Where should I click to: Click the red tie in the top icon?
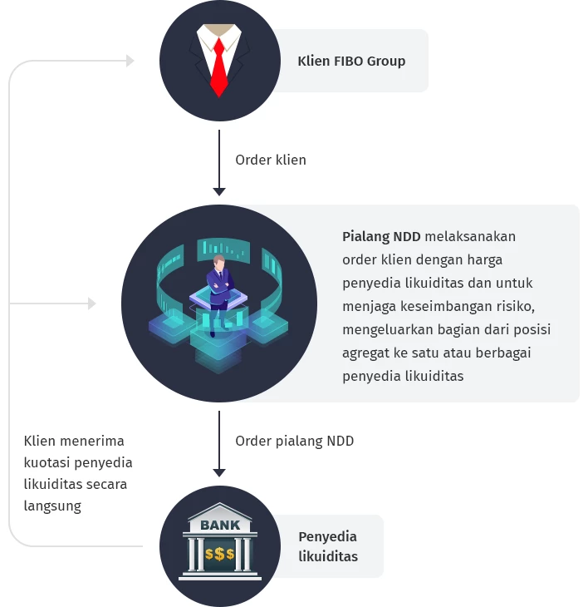click(218, 67)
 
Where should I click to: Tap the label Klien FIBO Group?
click(351, 61)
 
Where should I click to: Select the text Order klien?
click(271, 160)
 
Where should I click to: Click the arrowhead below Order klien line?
click(219, 191)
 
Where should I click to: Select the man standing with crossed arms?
click(219, 287)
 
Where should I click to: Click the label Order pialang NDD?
click(295, 441)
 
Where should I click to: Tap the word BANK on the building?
click(220, 526)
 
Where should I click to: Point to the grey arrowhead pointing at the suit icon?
click(130, 61)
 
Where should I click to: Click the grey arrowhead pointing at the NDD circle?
click(92, 303)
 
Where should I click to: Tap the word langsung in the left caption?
click(52, 506)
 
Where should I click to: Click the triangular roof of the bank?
click(220, 511)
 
